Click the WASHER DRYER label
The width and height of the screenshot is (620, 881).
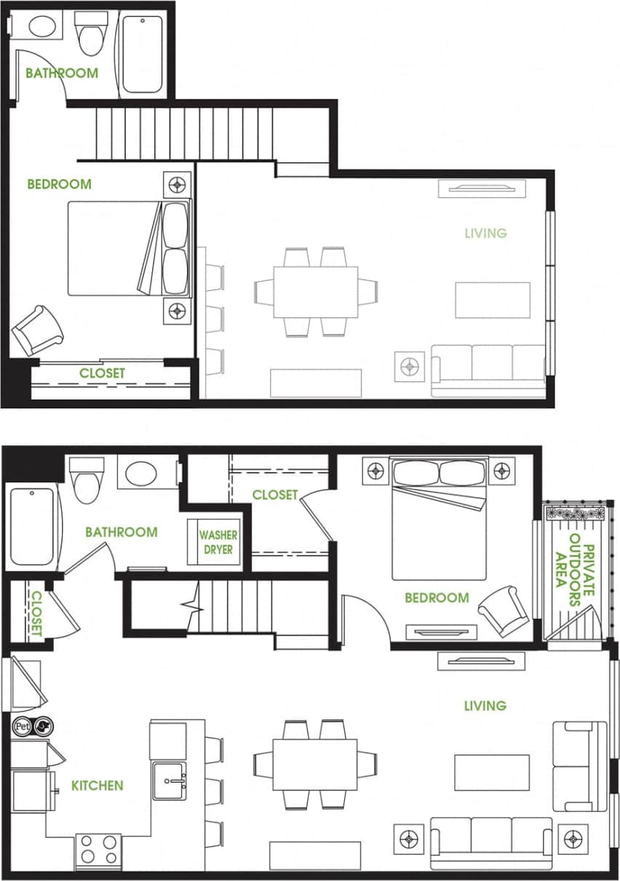coord(218,543)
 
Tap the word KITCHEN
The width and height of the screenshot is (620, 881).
coord(97,786)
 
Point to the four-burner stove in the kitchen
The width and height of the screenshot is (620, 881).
coord(98,848)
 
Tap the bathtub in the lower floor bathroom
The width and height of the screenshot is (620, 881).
coord(32,527)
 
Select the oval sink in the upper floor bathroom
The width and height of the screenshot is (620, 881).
coord(35,26)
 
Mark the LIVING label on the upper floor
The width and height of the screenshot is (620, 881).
coord(485,234)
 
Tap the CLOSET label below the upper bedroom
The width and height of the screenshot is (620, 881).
coord(102,373)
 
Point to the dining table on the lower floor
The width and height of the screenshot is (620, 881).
coord(315,764)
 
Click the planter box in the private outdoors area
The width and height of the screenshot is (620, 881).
coord(575,513)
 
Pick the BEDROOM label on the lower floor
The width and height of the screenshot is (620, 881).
coord(437,598)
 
